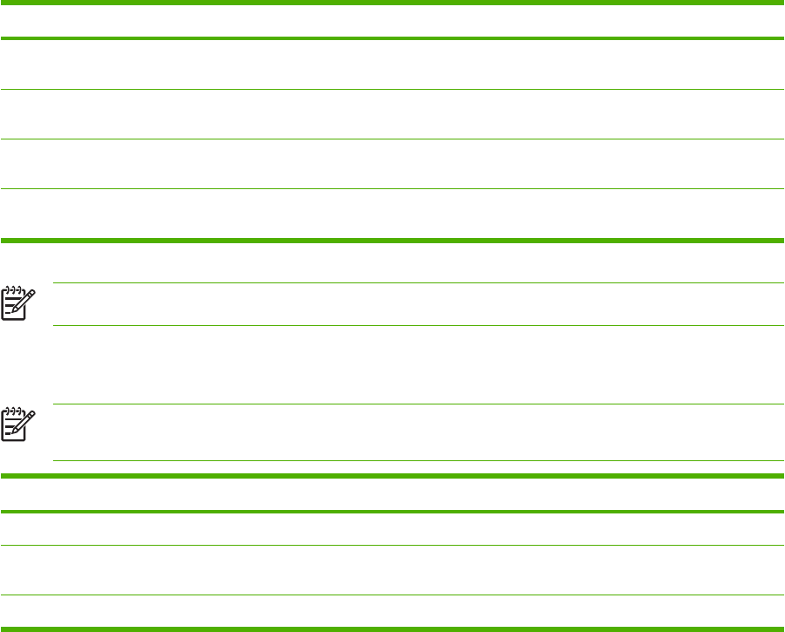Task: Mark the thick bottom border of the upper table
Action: (x=392, y=241)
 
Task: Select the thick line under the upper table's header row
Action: (x=392, y=38)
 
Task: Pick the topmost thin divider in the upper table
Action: (x=392, y=89)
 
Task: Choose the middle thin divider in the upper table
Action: (x=392, y=139)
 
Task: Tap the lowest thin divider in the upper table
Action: (x=392, y=188)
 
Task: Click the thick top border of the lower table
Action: (x=392, y=476)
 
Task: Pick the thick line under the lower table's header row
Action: (x=392, y=512)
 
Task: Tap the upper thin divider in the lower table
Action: (x=392, y=546)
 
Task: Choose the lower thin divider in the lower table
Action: (x=392, y=595)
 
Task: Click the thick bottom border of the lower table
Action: (x=392, y=629)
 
